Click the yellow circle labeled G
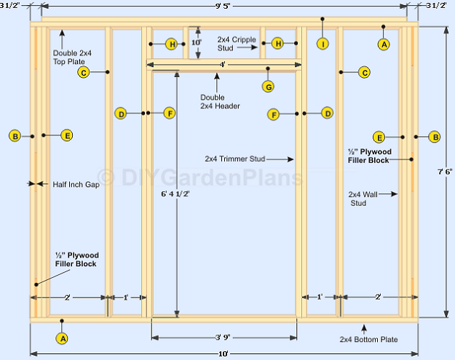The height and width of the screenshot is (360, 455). point(268,87)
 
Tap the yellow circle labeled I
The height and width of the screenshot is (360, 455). point(323,44)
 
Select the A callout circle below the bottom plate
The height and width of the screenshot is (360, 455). point(62,338)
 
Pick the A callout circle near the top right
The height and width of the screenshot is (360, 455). point(384,44)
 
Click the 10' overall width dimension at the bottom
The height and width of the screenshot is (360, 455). point(223,353)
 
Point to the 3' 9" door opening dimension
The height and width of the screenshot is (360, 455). point(223,337)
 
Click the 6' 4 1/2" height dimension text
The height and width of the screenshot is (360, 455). point(175,193)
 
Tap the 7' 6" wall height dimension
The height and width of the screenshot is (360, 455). point(445,172)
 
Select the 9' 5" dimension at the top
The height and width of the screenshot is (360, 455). point(223,6)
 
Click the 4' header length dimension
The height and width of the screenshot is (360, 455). point(222,64)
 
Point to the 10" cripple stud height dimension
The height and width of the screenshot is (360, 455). point(197,42)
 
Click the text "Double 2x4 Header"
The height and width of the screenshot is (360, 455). point(220,102)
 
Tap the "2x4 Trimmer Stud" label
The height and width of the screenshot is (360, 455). point(235,159)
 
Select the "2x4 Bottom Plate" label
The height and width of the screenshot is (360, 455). point(368,340)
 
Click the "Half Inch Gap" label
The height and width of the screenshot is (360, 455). point(76,185)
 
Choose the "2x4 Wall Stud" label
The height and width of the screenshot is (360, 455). point(363,199)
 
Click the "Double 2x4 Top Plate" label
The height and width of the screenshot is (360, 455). point(72,57)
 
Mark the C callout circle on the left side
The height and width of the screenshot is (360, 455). point(84,73)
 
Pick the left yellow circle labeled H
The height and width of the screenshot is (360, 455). point(172,44)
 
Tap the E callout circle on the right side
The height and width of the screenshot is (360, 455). point(379,137)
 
